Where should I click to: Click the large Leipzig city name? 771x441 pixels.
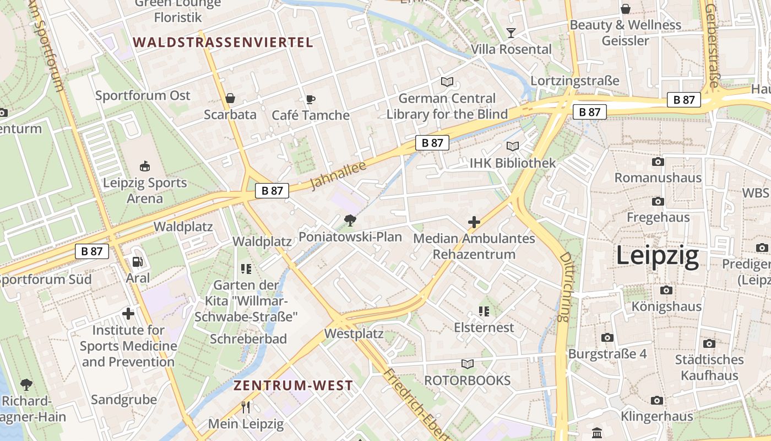[657, 256]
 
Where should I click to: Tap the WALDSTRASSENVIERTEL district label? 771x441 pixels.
[223, 42]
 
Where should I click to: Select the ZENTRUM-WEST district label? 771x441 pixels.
[293, 386]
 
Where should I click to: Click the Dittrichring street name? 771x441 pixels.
[566, 287]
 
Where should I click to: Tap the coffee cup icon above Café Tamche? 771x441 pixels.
[310, 100]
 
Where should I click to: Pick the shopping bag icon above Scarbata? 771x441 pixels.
[230, 98]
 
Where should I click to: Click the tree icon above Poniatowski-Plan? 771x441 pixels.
[350, 221]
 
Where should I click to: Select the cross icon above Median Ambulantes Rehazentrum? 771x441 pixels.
[474, 222]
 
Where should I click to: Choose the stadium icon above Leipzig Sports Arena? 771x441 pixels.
[145, 166]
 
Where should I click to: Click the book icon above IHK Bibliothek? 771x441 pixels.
[513, 147]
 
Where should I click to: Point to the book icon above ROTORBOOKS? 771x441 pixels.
[467, 364]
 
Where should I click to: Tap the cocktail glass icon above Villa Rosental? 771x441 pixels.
[511, 33]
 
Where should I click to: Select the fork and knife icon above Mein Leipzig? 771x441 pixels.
[246, 407]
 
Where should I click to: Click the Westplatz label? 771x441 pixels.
[354, 334]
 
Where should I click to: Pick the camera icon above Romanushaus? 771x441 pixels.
[658, 162]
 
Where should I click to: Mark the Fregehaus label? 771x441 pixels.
[658, 217]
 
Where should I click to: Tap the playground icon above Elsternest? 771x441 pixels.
[484, 311]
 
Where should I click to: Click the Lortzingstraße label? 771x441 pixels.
[575, 81]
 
